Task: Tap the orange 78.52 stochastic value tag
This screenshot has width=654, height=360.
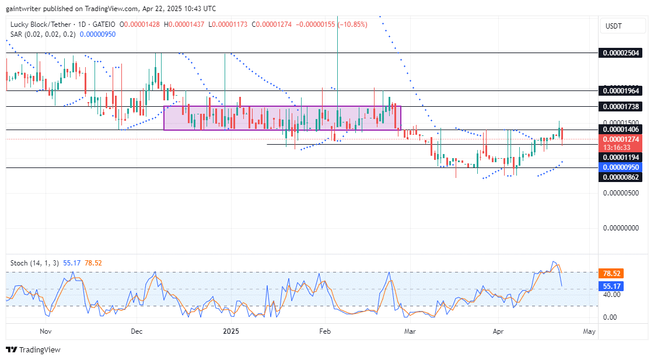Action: pos(611,273)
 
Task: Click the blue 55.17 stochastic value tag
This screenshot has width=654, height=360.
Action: pos(611,286)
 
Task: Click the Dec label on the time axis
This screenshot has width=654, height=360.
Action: pos(137,331)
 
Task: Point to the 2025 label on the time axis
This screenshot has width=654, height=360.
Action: pos(231,331)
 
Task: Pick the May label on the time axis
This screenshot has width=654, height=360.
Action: pos(589,331)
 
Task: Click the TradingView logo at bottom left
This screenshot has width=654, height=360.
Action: pos(33,349)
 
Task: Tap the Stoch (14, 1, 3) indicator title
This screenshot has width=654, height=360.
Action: pos(34,263)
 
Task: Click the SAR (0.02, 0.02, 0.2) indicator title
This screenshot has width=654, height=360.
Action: pos(42,34)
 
